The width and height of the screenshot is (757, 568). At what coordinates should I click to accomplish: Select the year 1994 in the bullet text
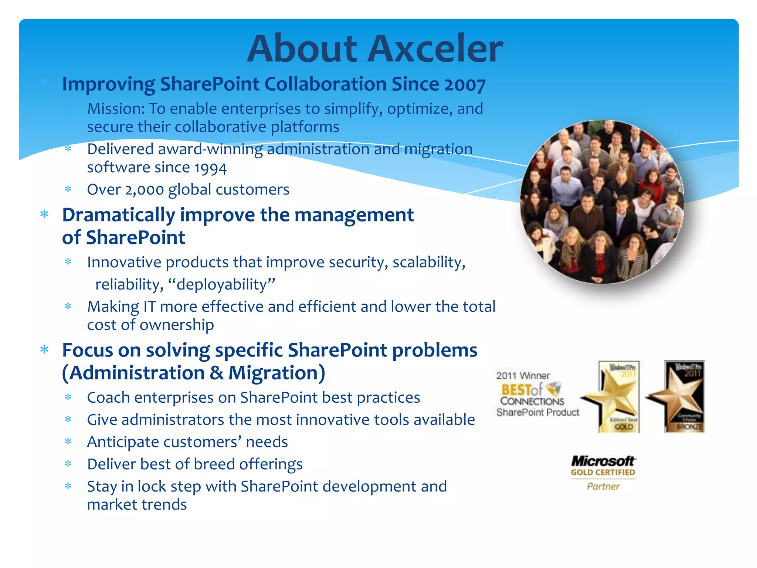pos(210,168)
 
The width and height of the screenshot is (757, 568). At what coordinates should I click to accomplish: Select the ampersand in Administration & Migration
pos(216,373)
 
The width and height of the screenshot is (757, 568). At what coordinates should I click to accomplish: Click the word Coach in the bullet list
pos(108,398)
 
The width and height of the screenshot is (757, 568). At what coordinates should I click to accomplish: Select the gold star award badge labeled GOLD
pos(614,397)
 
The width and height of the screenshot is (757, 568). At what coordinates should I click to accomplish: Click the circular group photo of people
pos(602,202)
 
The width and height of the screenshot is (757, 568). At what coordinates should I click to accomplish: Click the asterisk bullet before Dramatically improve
pos(45,214)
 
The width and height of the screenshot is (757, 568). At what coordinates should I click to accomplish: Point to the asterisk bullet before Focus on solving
pos(45,350)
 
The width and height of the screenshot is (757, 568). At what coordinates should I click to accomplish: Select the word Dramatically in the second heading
pos(118,215)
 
